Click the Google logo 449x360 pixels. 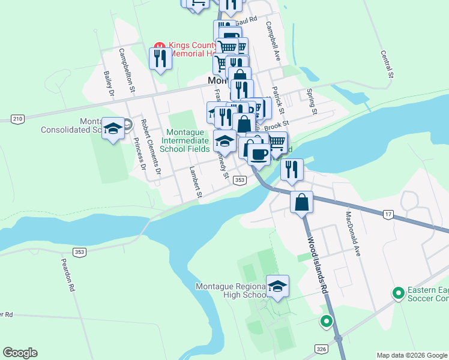(x=20, y=353)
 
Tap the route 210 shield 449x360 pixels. (x=17, y=119)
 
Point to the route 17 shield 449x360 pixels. (x=388, y=214)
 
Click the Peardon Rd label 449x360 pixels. (x=67, y=275)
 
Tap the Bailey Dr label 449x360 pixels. (x=109, y=83)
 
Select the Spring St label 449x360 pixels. (x=311, y=101)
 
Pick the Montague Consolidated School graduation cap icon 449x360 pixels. (x=112, y=128)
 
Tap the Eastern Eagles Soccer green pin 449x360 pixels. (x=397, y=293)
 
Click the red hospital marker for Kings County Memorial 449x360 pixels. (x=159, y=46)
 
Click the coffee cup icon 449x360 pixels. (x=259, y=154)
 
